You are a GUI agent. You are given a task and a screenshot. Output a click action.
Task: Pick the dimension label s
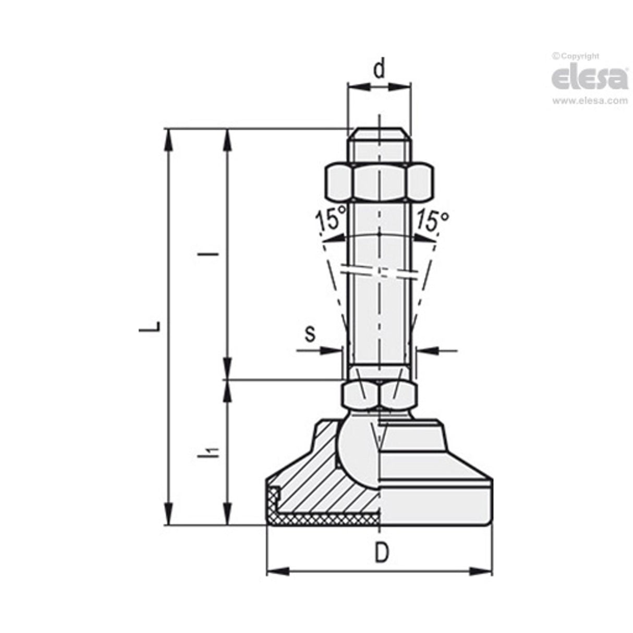tap(310, 334)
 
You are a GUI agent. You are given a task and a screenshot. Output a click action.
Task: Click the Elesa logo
tap(590, 79)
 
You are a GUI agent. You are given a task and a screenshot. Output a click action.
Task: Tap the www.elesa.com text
tap(590, 101)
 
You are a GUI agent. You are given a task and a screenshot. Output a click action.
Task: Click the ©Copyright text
tap(576, 56)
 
